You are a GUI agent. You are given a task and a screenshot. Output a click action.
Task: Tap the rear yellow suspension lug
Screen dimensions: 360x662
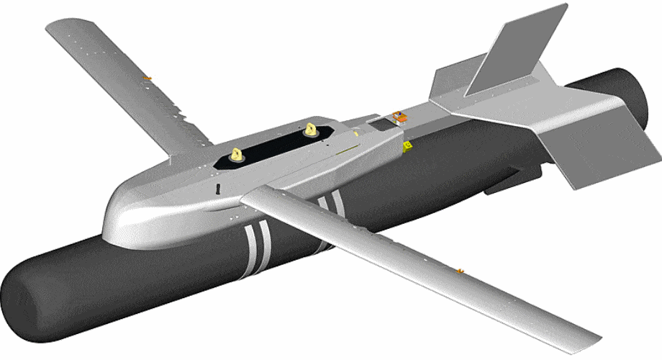tap(311, 130)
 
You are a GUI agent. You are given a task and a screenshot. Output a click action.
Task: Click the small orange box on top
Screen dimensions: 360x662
tap(397, 115)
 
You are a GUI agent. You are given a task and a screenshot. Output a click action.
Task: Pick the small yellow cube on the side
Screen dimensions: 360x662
tap(407, 146)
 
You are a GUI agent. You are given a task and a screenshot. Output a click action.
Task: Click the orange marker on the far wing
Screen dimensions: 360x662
tap(148, 77)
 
